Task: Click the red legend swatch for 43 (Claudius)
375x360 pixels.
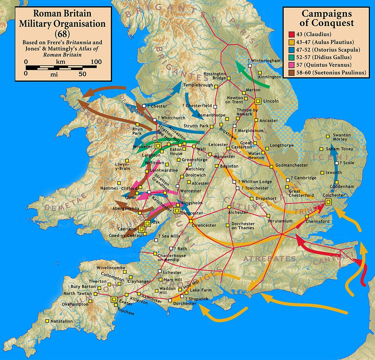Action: click(x=289, y=35)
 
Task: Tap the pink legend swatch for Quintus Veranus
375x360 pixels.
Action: click(x=289, y=65)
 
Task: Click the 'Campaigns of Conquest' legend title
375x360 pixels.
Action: click(x=327, y=18)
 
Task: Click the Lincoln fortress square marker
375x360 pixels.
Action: click(x=258, y=101)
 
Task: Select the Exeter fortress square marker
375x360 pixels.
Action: click(x=114, y=299)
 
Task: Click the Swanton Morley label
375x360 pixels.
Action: click(x=341, y=137)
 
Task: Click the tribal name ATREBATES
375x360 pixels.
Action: click(x=269, y=259)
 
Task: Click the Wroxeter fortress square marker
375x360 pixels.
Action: click(x=158, y=146)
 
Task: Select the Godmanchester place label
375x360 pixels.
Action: click(x=292, y=165)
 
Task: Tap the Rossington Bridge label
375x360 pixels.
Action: click(x=215, y=76)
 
